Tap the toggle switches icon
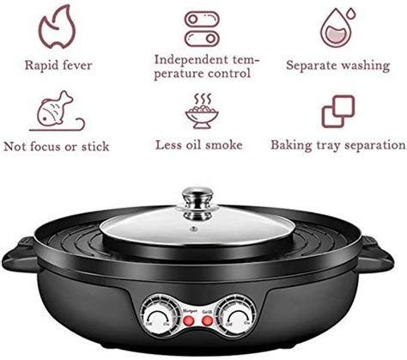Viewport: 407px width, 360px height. [203, 26]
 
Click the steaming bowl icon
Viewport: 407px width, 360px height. [203, 109]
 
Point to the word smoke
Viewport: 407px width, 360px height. [229, 145]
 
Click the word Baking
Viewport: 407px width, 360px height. [291, 145]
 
